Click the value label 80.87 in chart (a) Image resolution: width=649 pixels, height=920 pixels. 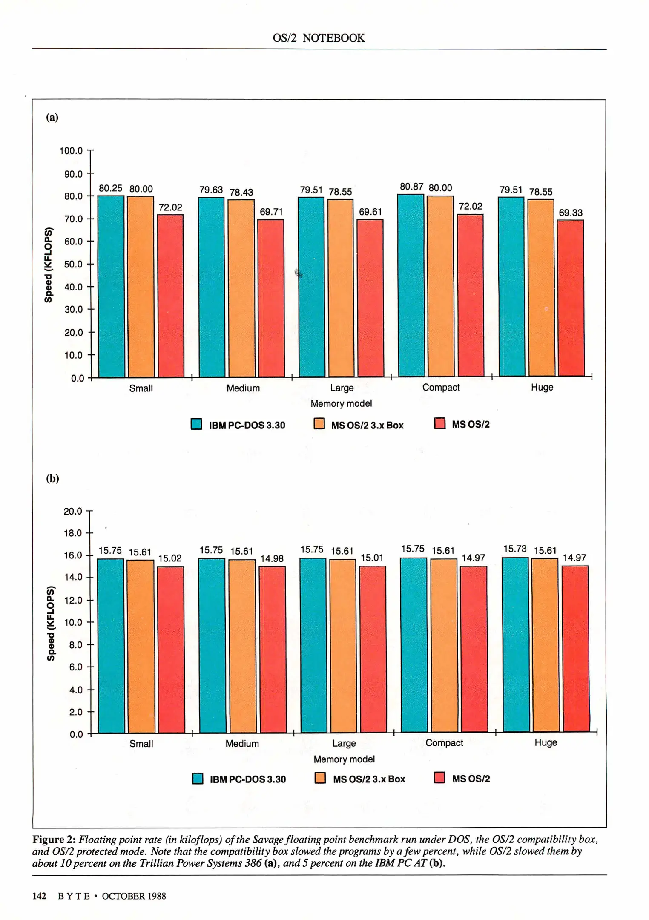pyautogui.click(x=411, y=187)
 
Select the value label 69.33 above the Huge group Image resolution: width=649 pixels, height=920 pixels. pyautogui.click(x=570, y=213)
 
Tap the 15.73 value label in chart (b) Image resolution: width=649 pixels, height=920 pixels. pyautogui.click(x=515, y=549)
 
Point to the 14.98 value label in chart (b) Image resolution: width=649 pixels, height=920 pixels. pyautogui.click(x=272, y=558)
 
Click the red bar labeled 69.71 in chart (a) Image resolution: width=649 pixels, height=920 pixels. pyautogui.click(x=271, y=298)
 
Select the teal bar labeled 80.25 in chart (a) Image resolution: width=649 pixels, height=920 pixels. pyautogui.click(x=111, y=286)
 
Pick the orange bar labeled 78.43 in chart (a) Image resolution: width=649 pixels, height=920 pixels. pyautogui.click(x=241, y=288)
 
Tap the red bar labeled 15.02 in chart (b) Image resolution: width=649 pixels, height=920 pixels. pyautogui.click(x=170, y=649)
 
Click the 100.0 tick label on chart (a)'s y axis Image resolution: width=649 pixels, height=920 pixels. pyautogui.click(x=71, y=151)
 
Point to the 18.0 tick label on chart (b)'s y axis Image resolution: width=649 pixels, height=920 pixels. pyautogui.click(x=72, y=533)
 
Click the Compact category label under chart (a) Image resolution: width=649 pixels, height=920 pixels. pyautogui.click(x=441, y=388)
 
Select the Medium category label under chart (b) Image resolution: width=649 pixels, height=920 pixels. pyautogui.click(x=242, y=743)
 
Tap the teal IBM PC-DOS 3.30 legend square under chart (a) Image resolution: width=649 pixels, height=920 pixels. pyautogui.click(x=196, y=424)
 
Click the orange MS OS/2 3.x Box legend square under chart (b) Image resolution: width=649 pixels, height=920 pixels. pyautogui.click(x=320, y=778)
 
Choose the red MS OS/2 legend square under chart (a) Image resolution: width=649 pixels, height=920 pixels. pyautogui.click(x=439, y=423)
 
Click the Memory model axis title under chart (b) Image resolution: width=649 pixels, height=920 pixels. pyautogui.click(x=344, y=759)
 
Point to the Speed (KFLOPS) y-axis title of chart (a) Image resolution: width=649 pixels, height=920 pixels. pyautogui.click(x=49, y=265)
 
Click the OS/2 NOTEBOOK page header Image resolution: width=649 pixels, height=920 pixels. pyautogui.click(x=319, y=38)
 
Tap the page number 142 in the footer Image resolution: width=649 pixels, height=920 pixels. pyautogui.click(x=39, y=896)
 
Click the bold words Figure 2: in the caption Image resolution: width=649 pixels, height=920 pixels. pyautogui.click(x=54, y=839)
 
